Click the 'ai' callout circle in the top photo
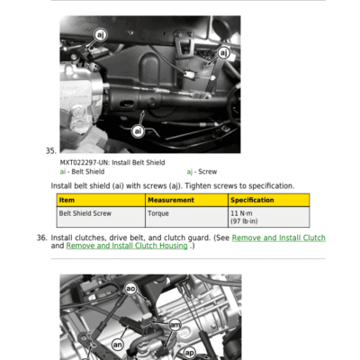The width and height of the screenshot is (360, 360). click(138, 131)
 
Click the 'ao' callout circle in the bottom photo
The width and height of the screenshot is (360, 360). click(130, 289)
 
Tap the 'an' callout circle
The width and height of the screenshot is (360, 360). click(117, 345)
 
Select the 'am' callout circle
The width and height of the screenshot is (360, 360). click(175, 325)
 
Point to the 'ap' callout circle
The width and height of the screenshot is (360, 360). click(189, 353)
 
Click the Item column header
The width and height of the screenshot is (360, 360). click(67, 200)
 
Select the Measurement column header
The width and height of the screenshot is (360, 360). click(171, 200)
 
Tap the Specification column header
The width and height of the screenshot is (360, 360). click(252, 200)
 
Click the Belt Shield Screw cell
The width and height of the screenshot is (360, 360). click(85, 213)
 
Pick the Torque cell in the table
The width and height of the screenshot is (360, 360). click(158, 213)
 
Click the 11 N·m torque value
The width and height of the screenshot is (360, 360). click(241, 213)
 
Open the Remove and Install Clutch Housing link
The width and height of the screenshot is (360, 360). click(127, 246)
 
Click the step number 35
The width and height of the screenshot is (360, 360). click(51, 151)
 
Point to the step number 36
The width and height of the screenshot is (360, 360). click(42, 238)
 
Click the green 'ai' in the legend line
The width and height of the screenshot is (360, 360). click(63, 172)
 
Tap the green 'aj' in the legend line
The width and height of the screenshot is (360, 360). click(190, 172)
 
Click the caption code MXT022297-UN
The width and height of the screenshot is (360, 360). click(84, 163)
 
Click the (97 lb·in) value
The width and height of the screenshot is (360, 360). click(244, 221)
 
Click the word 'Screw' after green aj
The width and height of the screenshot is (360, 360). click(208, 172)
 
